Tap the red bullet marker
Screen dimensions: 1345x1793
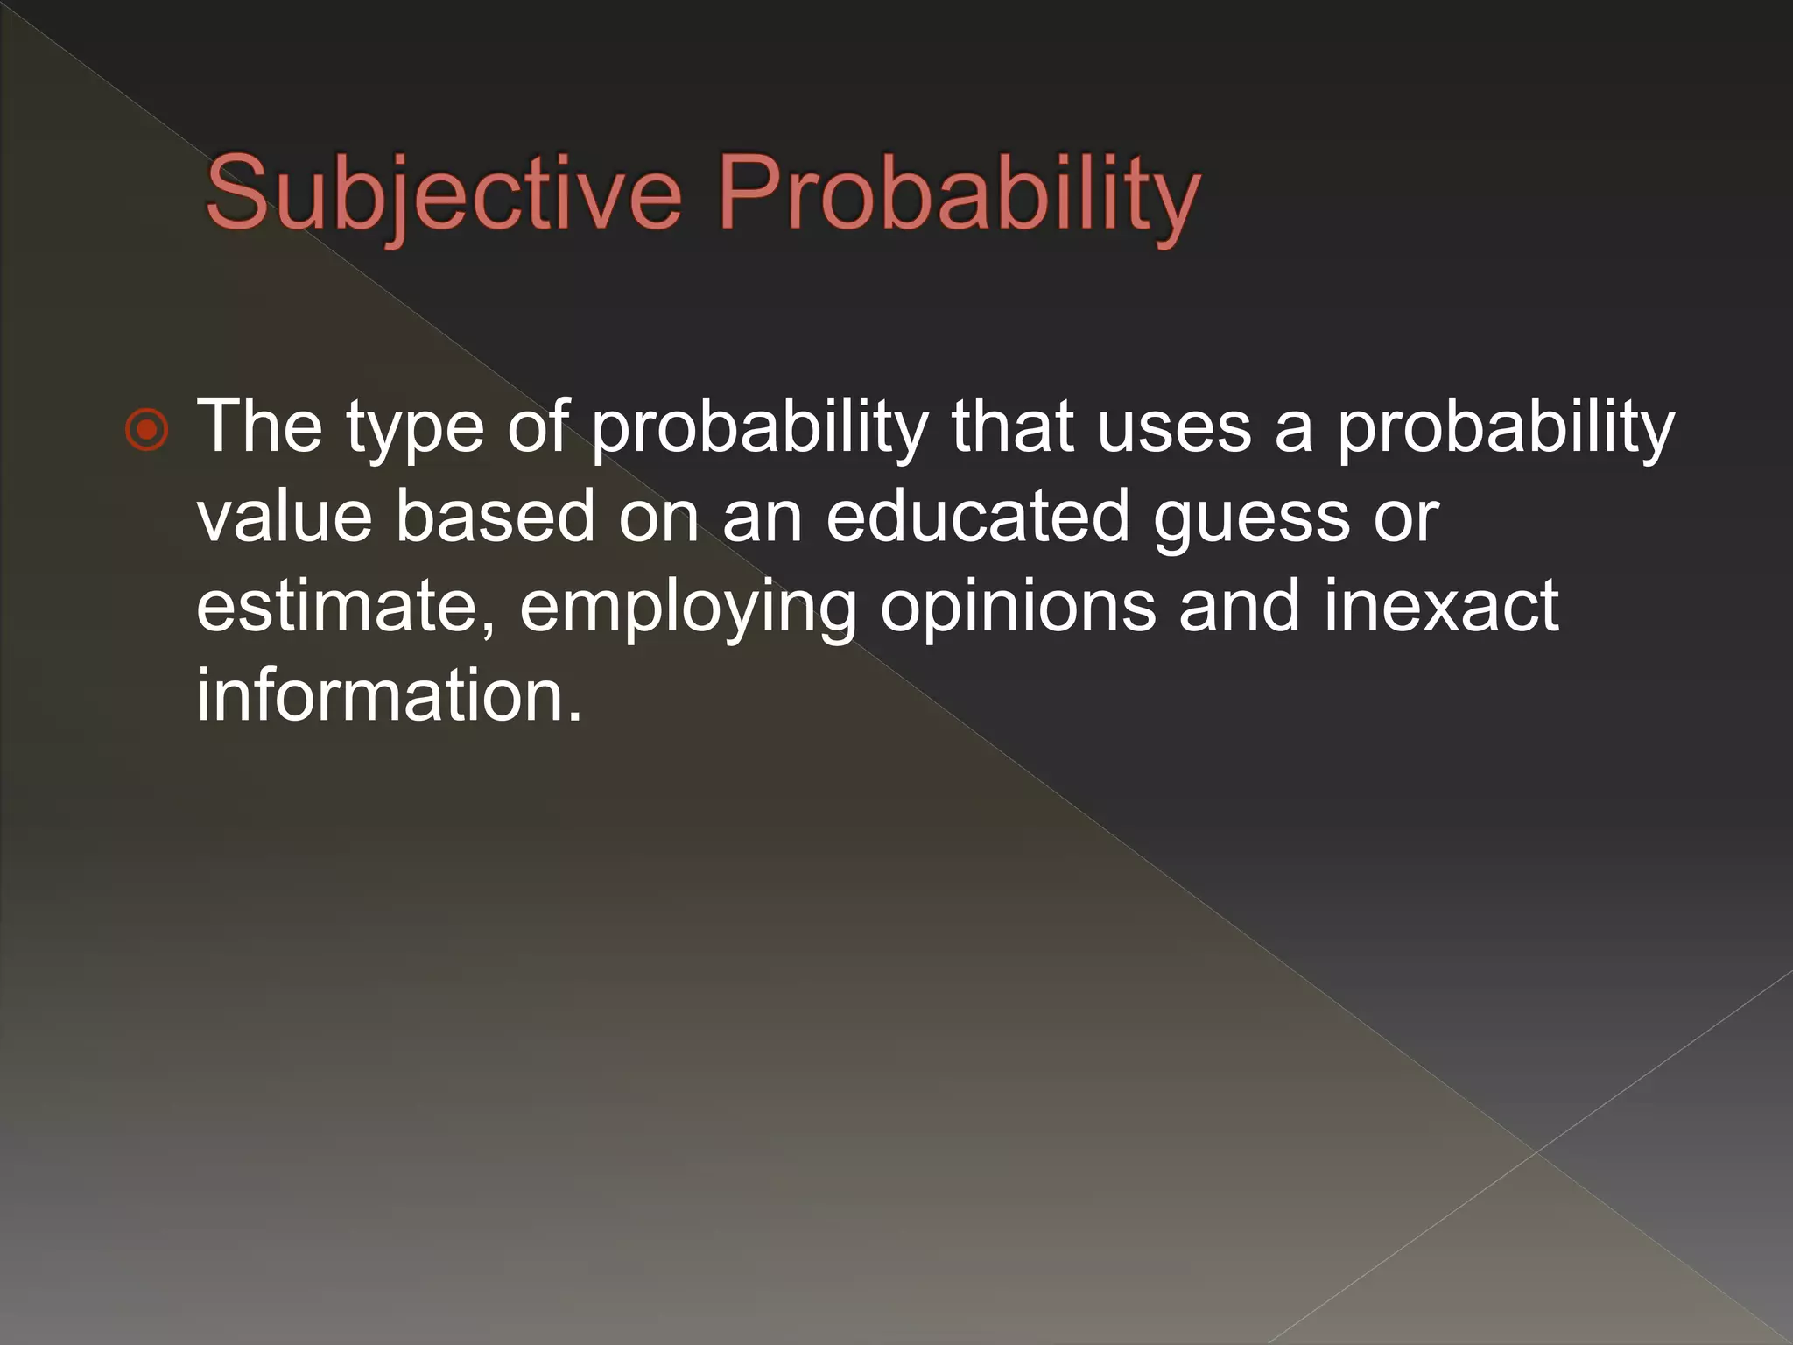(x=146, y=430)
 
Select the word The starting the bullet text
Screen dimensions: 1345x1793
(x=259, y=426)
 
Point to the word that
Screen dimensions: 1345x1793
(x=1013, y=426)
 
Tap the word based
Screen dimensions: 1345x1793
(x=496, y=517)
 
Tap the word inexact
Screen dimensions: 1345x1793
(x=1441, y=606)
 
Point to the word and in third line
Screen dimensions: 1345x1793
(x=1240, y=606)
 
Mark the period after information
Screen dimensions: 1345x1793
(x=573, y=717)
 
